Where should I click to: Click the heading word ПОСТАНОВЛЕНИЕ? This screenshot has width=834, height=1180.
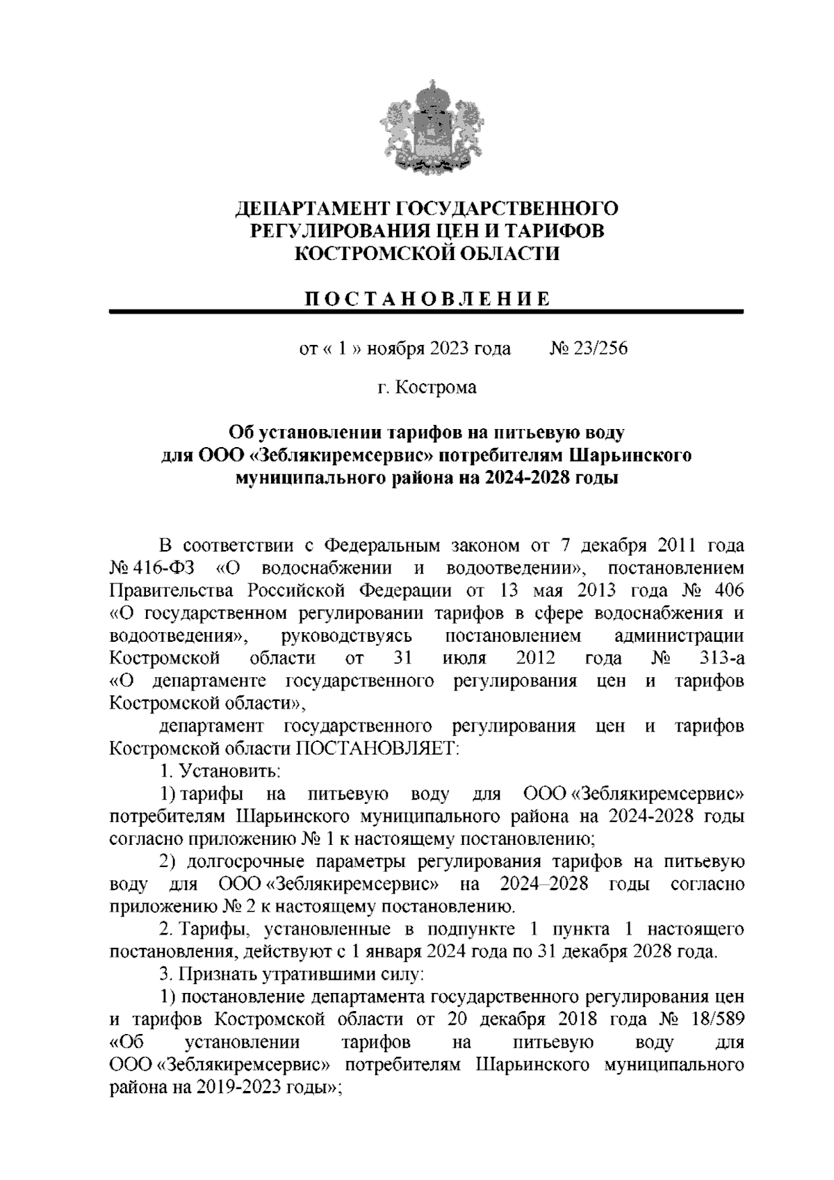427,299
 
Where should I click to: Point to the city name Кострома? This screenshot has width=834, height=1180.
436,387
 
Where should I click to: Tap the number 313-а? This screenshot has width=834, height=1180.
723,658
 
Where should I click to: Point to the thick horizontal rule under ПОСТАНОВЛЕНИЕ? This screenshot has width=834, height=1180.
427,313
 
